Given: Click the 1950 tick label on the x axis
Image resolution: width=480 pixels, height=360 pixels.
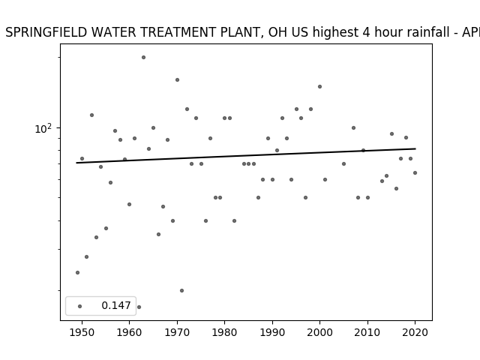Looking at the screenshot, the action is coord(82,332).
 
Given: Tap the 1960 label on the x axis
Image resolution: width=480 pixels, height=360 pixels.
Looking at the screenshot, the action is coord(129,332).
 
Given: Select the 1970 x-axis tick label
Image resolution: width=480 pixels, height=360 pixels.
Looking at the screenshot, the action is coord(177,332).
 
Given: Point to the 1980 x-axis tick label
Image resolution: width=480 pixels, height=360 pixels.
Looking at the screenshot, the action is coord(224,332).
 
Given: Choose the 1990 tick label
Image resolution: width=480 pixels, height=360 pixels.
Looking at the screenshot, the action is coord(272,332).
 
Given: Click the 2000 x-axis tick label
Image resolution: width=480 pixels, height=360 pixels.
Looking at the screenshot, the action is coord(319,332).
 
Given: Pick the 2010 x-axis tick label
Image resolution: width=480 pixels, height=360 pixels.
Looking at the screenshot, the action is coord(367,332).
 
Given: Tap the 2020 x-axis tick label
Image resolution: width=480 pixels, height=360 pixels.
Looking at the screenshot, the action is coord(415,332).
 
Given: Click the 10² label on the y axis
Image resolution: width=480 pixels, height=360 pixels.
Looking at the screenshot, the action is coord(43,129).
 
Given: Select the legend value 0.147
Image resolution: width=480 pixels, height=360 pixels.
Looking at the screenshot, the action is coord(116,305).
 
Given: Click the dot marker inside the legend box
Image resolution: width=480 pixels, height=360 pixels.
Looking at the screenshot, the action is coord(80,306).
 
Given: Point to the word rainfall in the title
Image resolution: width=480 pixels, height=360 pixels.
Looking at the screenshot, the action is coord(423,32).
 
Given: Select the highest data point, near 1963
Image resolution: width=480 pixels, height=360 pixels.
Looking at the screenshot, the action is coord(143,57).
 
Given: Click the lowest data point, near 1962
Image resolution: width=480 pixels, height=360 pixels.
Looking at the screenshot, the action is coord(139,307).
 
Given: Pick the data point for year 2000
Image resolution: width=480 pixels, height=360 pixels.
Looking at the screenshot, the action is coord(319,87).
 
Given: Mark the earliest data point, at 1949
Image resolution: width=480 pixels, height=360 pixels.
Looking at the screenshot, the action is coord(77,272).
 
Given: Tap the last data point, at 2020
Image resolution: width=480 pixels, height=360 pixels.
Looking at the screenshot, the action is coord(415,172).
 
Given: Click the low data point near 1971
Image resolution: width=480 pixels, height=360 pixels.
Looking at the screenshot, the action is coord(181,290).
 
